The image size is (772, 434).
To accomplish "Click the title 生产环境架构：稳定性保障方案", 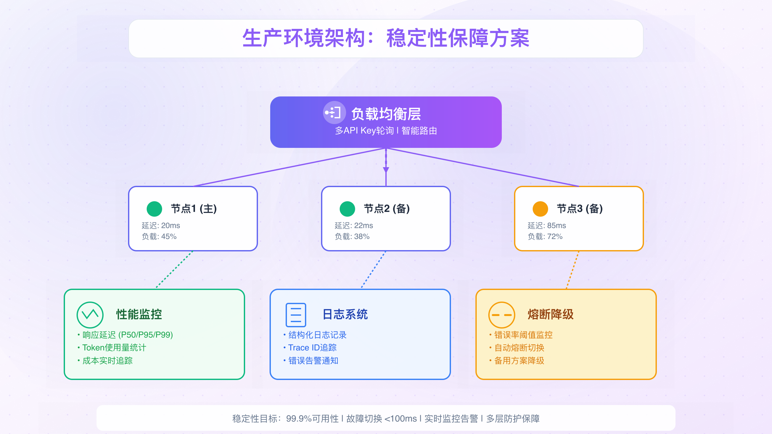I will pyautogui.click(x=386, y=38).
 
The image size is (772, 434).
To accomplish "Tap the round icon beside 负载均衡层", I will pyautogui.click(x=334, y=113).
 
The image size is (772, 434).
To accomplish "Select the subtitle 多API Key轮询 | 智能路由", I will pyautogui.click(x=386, y=131).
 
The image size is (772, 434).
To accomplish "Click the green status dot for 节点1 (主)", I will pyautogui.click(x=154, y=209).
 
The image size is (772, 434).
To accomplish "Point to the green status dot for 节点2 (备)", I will pyautogui.click(x=347, y=209).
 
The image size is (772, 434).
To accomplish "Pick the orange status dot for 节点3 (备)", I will pyautogui.click(x=540, y=209).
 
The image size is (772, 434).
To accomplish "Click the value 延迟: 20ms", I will pyautogui.click(x=161, y=226).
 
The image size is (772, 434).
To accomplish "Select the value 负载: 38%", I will pyautogui.click(x=352, y=237).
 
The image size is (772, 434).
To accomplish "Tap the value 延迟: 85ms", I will pyautogui.click(x=547, y=226).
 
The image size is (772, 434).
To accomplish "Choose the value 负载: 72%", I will pyautogui.click(x=545, y=237).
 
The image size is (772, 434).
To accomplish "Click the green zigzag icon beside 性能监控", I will pyautogui.click(x=90, y=315).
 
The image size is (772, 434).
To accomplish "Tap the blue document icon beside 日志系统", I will pyautogui.click(x=296, y=315).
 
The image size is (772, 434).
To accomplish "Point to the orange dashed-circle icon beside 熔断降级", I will pyautogui.click(x=502, y=315).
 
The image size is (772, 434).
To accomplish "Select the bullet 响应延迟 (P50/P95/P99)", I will pyautogui.click(x=128, y=335).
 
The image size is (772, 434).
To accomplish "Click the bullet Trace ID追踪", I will pyautogui.click(x=312, y=348).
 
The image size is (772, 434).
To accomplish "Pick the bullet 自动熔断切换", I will pyautogui.click(x=519, y=348).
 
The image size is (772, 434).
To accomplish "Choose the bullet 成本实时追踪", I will pyautogui.click(x=107, y=361).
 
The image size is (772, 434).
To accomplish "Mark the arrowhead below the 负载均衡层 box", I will pyautogui.click(x=386, y=170).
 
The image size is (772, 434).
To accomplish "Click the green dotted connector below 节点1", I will pyautogui.click(x=174, y=270).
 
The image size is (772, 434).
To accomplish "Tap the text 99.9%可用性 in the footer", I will pyautogui.click(x=312, y=419).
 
